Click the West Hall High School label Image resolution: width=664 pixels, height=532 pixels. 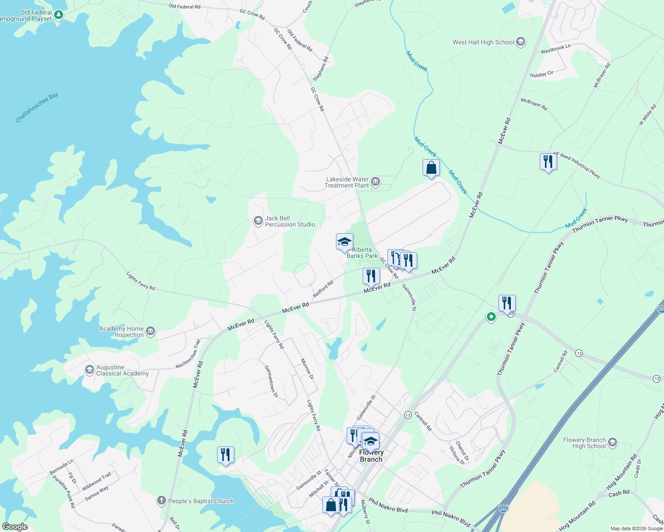483,43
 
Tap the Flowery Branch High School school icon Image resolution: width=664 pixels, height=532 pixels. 613,442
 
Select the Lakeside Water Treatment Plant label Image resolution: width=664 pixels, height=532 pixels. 347,182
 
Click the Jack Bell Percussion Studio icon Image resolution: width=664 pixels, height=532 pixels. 258,221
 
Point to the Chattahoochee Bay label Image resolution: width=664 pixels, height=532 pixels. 37,108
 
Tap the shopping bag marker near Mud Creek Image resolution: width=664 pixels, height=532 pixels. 431,168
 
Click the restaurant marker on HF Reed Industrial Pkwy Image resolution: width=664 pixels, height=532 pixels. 548,162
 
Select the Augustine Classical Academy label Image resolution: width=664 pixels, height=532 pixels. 122,371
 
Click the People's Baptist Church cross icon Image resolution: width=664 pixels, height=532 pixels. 161,501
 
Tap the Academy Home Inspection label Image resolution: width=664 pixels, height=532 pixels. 122,332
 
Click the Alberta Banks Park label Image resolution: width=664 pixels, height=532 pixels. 362,253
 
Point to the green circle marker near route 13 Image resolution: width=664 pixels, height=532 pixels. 491,317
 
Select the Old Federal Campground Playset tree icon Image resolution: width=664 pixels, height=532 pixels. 58,15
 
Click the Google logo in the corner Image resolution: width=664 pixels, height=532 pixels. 15,527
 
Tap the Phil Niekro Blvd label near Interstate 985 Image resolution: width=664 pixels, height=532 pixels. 451,518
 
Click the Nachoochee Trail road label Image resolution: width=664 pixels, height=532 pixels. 188,354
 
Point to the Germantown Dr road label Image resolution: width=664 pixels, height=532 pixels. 271,381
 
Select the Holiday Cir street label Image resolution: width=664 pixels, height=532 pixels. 541,74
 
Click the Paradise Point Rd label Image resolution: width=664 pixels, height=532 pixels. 63,491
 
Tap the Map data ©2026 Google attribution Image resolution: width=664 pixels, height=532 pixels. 636,528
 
